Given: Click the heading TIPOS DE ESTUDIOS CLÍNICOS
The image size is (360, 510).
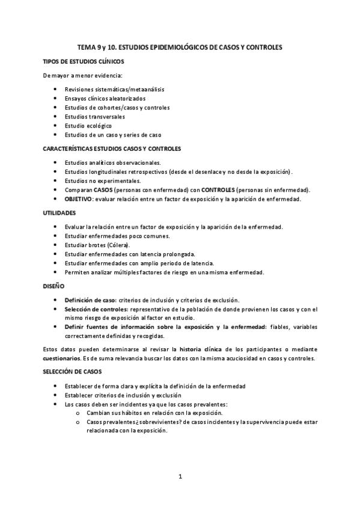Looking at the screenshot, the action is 84,61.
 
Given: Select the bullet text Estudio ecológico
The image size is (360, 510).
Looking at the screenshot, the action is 88,126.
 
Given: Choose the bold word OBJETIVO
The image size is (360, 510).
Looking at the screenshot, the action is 79,198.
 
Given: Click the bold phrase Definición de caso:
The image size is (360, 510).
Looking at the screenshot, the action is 90,300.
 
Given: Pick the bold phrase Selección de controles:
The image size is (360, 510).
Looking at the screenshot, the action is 97,309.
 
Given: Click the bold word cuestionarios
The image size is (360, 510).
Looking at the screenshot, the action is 64,358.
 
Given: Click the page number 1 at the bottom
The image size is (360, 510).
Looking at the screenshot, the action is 180,477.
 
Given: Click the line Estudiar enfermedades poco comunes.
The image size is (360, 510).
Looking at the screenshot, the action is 113,236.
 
